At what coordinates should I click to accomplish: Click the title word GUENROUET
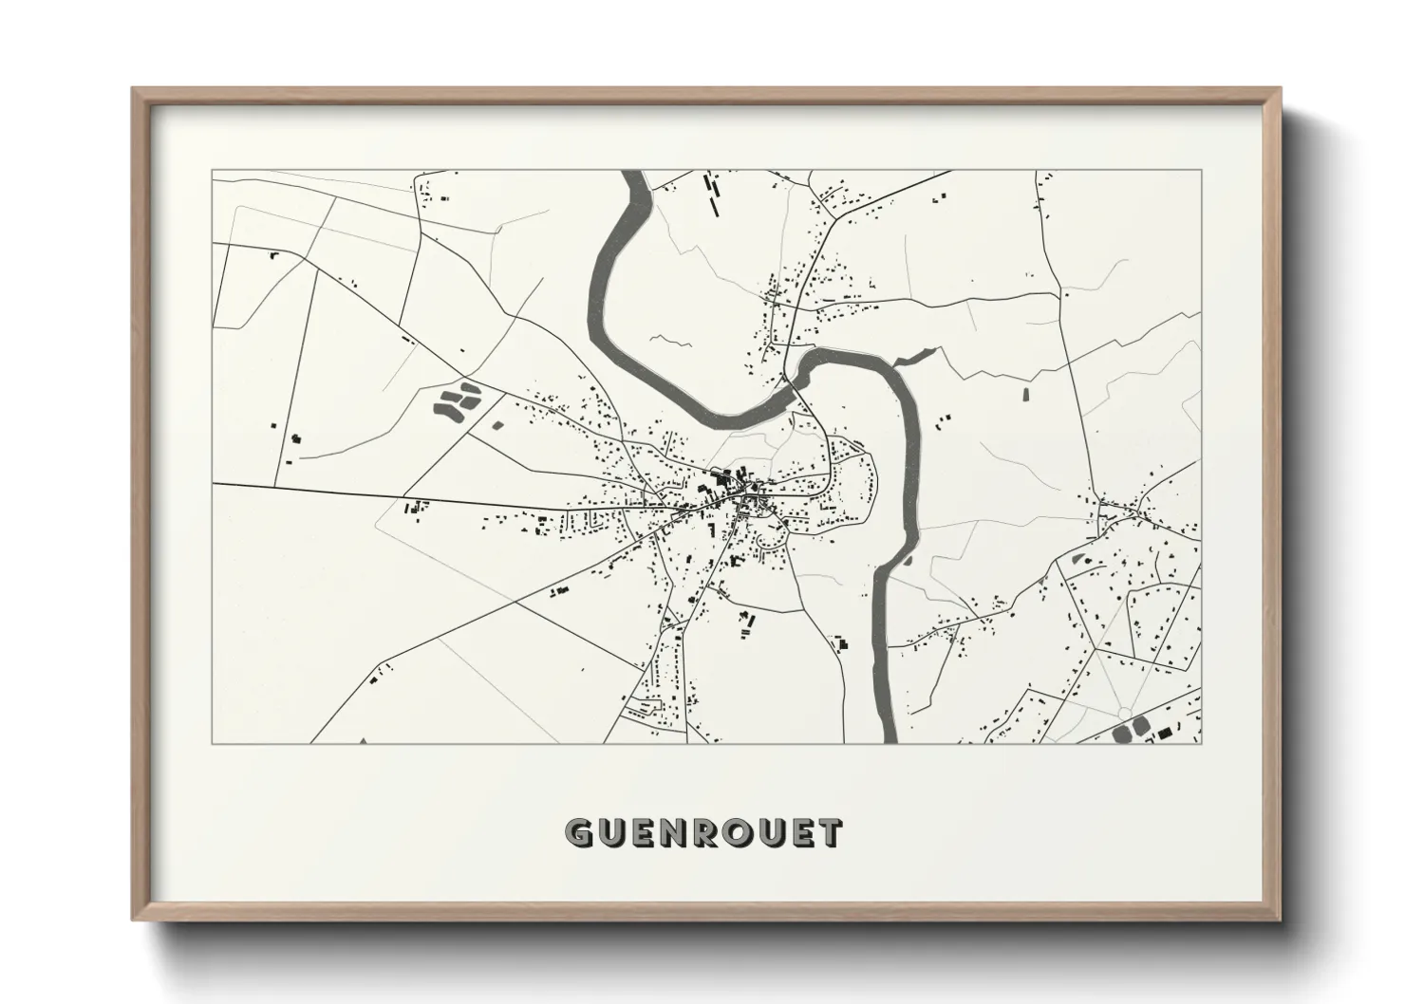702,832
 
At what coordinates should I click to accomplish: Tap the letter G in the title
578,832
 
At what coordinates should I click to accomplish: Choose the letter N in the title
672,832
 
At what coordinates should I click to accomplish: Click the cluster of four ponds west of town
455,400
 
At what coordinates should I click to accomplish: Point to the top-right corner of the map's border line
1201,171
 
